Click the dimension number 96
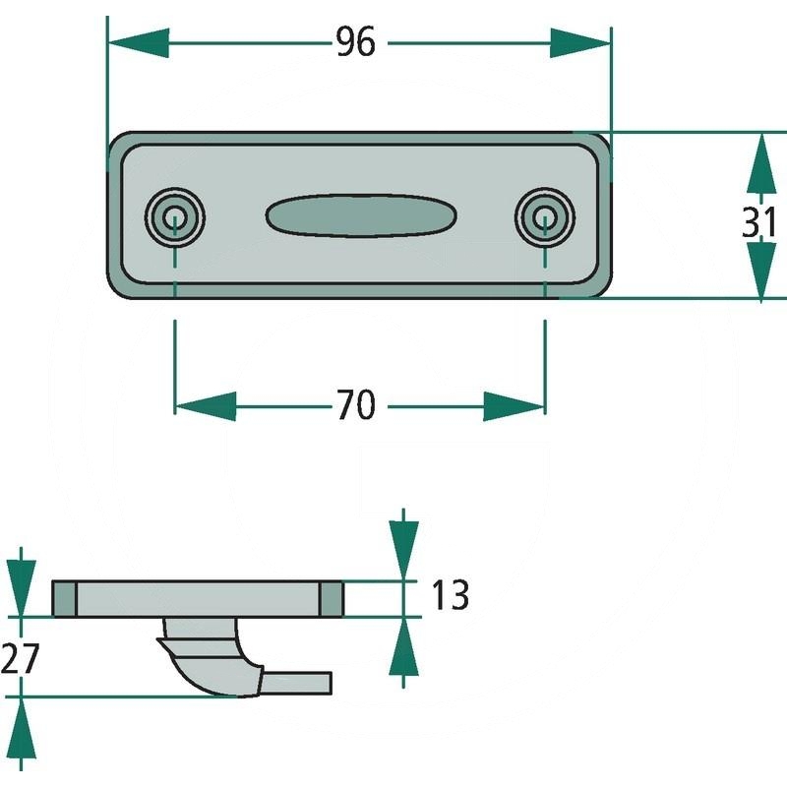[x=355, y=42]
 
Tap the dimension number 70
[x=355, y=404]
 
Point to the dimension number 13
[x=449, y=595]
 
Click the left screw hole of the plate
[x=175, y=215]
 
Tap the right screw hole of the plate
[x=544, y=215]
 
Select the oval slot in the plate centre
[x=360, y=215]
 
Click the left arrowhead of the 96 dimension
[x=138, y=43]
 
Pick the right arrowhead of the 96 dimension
[x=581, y=43]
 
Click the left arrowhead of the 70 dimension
[x=205, y=405]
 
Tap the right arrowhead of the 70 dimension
[x=515, y=405]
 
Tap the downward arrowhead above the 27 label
[x=22, y=587]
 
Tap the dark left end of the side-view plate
[x=64, y=598]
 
